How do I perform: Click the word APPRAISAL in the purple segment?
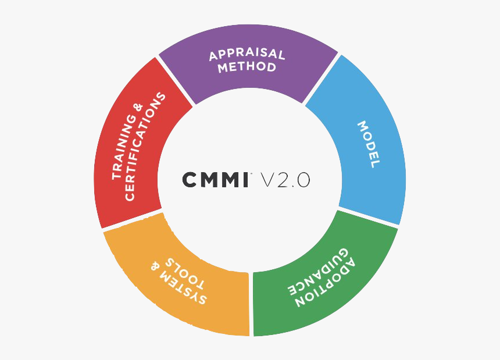[247, 54]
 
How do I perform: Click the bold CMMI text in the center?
[216, 180]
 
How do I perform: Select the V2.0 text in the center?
[285, 180]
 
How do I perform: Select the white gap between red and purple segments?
[175, 81]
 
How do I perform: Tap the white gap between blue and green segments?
[368, 217]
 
